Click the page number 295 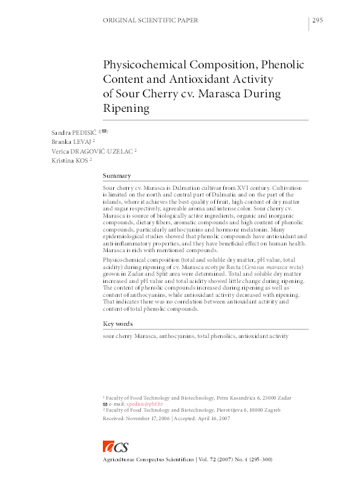318,21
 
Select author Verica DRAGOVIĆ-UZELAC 91,151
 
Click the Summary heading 117,175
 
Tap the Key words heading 117,324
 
